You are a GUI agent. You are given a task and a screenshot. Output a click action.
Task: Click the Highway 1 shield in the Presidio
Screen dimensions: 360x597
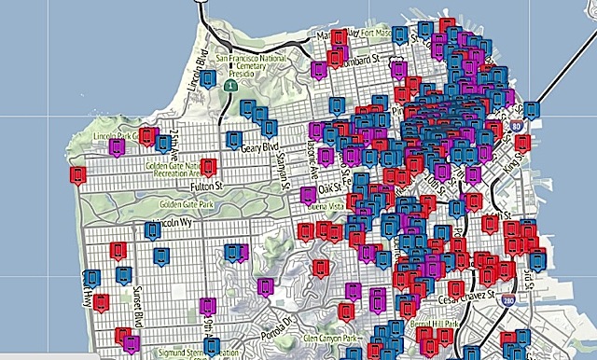click(x=229, y=86)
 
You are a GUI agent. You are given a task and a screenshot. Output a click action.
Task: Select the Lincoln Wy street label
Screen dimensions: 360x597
click(x=175, y=224)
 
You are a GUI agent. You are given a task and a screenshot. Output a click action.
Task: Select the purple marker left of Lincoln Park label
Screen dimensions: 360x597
click(x=117, y=146)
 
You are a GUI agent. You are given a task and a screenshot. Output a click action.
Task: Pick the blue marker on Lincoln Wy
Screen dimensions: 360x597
click(x=153, y=229)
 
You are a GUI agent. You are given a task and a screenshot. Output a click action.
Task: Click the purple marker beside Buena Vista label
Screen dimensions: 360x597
click(x=308, y=195)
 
